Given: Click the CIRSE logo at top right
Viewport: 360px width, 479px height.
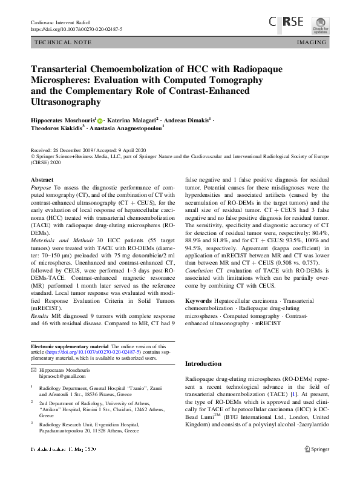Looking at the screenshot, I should pos(287,23).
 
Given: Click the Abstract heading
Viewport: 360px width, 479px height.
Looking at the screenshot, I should pos(42,180).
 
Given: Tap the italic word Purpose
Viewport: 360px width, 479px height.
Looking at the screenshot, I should pos(41,190).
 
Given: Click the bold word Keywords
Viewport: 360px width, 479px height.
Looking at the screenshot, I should pos(198,301).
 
